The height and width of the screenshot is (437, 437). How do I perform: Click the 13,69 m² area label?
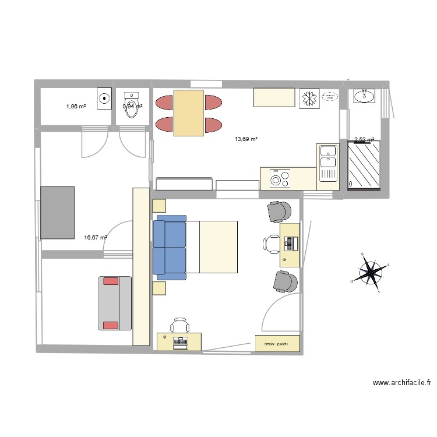[x=246, y=139]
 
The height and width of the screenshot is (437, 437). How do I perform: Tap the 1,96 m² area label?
[x=76, y=107]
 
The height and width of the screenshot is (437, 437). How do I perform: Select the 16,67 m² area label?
[x=96, y=238]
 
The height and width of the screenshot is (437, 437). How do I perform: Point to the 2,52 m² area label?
[x=364, y=140]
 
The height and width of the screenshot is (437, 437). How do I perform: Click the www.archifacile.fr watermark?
[x=402, y=383]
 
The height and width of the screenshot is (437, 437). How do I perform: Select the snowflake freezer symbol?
[x=308, y=98]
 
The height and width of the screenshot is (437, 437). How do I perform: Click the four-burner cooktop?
[x=280, y=178]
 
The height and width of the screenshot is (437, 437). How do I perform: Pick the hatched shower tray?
[x=364, y=166]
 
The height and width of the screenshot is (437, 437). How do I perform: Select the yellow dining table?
[x=189, y=113]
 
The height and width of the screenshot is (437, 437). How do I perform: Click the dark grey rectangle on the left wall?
[x=57, y=212]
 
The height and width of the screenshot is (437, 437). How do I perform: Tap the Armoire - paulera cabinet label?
[x=277, y=344]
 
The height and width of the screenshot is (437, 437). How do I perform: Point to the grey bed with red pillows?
[x=114, y=303]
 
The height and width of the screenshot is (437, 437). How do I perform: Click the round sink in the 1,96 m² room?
[x=105, y=98]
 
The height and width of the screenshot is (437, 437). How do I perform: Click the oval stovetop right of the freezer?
[x=330, y=98]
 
